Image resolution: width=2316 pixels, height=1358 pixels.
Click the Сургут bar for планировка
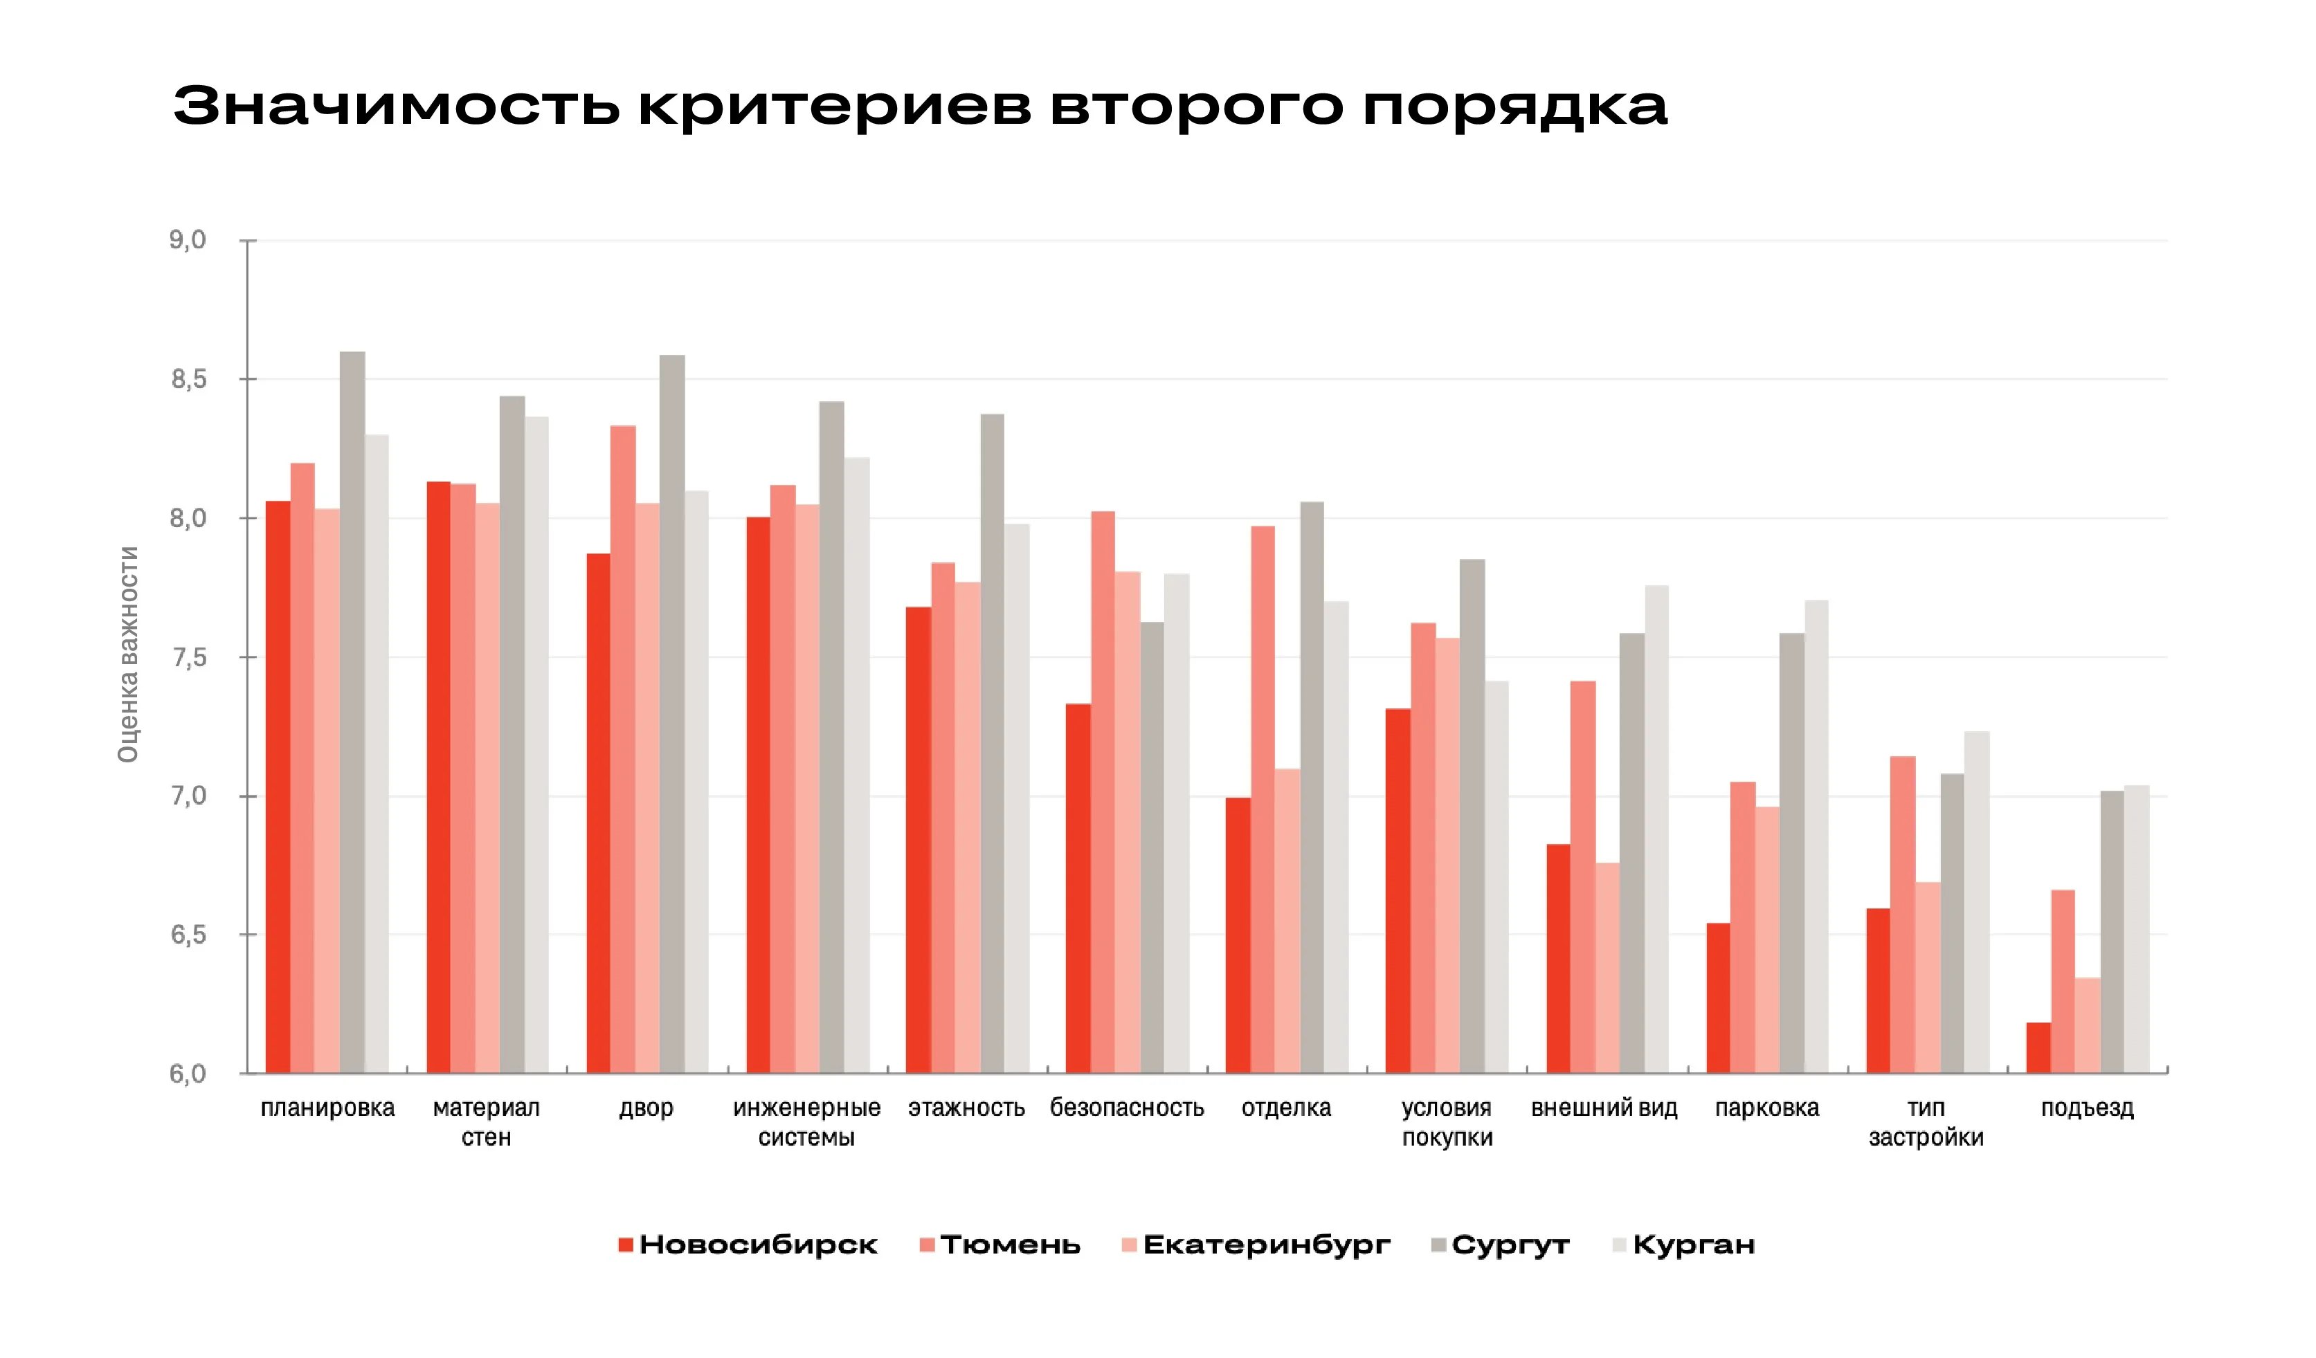click(x=352, y=712)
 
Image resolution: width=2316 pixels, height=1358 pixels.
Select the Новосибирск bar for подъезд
click(x=2038, y=1047)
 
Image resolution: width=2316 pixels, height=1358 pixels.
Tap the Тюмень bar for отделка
click(x=1262, y=799)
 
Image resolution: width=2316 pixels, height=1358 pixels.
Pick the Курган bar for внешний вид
click(x=1656, y=829)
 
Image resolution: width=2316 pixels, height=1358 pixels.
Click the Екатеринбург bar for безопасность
click(x=1128, y=823)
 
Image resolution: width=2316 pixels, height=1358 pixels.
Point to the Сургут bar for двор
click(x=672, y=714)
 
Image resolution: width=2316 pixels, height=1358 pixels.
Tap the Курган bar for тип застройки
click(x=1976, y=902)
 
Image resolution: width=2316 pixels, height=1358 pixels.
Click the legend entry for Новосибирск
click(x=748, y=1245)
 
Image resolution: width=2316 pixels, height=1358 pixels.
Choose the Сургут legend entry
click(x=1500, y=1245)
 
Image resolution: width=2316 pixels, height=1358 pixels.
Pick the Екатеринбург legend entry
click(x=1256, y=1245)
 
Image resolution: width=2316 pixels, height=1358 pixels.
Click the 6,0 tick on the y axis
click(x=188, y=1073)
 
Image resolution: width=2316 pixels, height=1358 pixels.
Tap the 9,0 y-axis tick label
click(x=188, y=241)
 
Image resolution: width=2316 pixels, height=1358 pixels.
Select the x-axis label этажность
click(x=966, y=1108)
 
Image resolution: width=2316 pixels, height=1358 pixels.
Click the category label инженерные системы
click(x=806, y=1123)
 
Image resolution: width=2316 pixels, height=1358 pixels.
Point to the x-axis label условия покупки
click(x=1447, y=1123)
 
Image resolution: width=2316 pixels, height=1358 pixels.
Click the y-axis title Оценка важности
click(x=128, y=654)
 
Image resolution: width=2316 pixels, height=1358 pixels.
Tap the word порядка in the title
click(x=1514, y=107)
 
